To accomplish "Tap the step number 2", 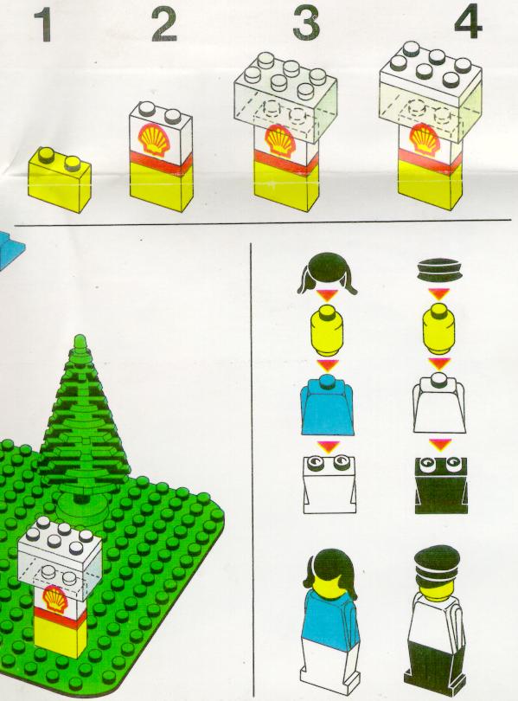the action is tap(164, 25).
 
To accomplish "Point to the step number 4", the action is tap(468, 23).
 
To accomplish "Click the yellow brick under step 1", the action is tap(60, 178).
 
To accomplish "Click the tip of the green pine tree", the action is tap(80, 336).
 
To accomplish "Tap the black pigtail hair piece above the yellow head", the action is tap(328, 273).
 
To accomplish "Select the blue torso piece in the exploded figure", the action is tap(329, 406).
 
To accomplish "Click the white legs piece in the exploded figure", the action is tap(329, 484).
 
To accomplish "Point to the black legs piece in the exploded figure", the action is tap(441, 484).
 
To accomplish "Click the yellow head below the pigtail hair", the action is tap(328, 325).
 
